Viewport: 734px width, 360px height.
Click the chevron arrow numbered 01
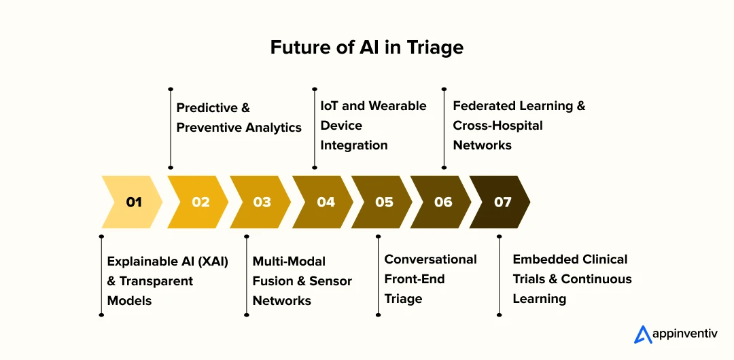[133, 202]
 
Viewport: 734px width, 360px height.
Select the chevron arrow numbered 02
[199, 202]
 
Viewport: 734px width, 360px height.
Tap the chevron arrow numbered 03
[261, 202]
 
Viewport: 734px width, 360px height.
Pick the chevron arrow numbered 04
[324, 202]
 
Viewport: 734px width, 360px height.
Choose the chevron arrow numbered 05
[383, 202]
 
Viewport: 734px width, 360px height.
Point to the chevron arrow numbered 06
[442, 202]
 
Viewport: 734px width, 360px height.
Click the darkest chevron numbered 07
[501, 202]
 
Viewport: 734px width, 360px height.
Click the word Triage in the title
[436, 48]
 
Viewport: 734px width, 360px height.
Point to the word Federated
[485, 106]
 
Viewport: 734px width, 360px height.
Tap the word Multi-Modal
[289, 261]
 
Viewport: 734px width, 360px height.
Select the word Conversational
[431, 259]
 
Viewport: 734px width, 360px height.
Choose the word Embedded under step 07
[542, 259]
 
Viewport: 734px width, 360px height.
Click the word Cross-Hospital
[497, 126]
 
